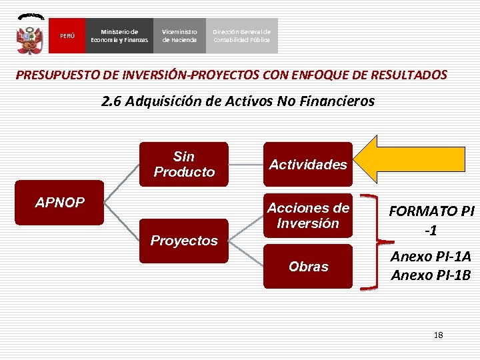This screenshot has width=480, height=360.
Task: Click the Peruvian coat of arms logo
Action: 30,35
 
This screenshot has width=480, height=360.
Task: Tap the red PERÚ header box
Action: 67,36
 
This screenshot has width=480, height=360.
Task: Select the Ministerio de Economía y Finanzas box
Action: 119,36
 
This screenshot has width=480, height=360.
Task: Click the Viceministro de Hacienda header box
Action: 179,36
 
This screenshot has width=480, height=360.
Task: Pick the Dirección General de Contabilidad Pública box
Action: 241,36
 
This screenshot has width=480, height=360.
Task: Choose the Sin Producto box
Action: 184,164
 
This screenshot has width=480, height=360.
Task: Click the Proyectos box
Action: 184,241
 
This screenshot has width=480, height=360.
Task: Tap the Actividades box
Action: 308,164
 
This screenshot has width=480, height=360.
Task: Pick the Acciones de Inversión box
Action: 308,215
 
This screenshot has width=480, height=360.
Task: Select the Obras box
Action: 308,266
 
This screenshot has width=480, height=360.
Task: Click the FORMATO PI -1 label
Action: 431,220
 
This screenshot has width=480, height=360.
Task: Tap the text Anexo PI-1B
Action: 431,275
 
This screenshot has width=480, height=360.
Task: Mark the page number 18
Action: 438,335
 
